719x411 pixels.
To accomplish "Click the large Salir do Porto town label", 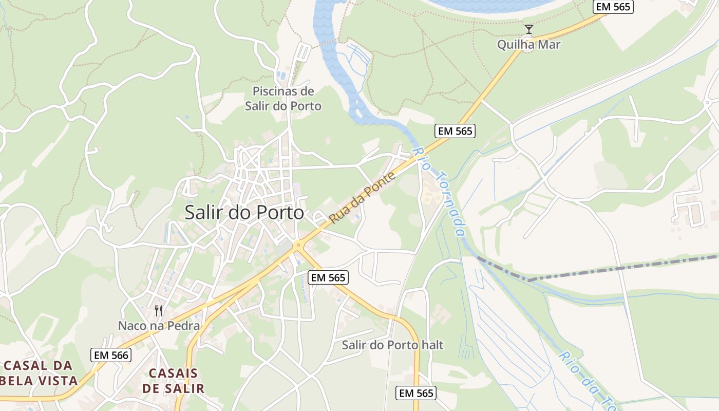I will click(244, 212).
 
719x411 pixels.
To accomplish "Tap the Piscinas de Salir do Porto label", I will click(283, 99).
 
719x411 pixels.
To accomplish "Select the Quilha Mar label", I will click(528, 45).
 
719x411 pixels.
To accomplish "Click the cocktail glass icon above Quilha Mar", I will click(528, 29).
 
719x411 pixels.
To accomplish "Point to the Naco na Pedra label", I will click(159, 326).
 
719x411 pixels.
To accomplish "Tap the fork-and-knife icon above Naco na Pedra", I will click(159, 311).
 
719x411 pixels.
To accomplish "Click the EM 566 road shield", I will click(111, 355).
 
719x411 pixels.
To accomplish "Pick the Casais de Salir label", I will click(173, 381).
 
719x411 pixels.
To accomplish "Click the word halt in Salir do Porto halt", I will click(430, 345).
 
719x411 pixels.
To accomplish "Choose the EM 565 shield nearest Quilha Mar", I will click(613, 7).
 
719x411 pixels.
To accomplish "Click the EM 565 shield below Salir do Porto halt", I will click(417, 393).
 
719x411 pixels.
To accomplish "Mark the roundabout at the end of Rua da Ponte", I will click(297, 246).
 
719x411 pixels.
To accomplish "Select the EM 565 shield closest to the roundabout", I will click(329, 277).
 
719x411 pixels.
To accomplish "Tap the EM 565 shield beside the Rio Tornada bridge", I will click(455, 131).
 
